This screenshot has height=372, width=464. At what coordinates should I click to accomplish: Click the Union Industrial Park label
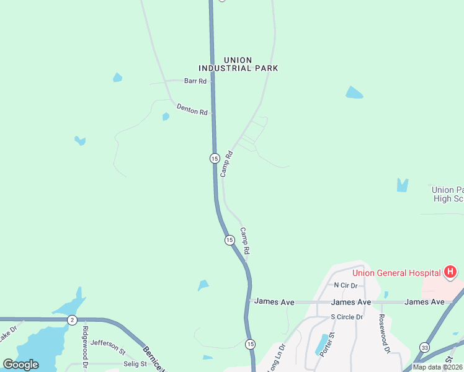pos(238,64)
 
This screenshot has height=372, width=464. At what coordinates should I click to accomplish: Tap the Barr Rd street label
pos(195,81)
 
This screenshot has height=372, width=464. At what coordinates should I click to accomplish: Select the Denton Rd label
pos(192,110)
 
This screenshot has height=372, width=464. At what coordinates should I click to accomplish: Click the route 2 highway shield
pos(73,320)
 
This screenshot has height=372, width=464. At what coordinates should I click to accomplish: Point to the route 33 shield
pos(424,347)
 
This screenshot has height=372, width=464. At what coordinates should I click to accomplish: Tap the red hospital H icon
pos(451,272)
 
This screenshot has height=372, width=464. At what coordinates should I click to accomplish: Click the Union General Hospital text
pos(397,273)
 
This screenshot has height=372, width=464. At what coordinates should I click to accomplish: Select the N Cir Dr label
pos(346,285)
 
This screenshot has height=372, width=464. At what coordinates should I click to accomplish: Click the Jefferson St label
pos(108,342)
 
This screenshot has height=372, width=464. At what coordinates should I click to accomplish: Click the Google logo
pos(20,365)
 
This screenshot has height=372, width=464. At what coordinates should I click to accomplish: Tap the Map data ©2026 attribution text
pos(438,367)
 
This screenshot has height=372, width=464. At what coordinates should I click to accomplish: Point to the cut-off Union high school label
pos(447,194)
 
